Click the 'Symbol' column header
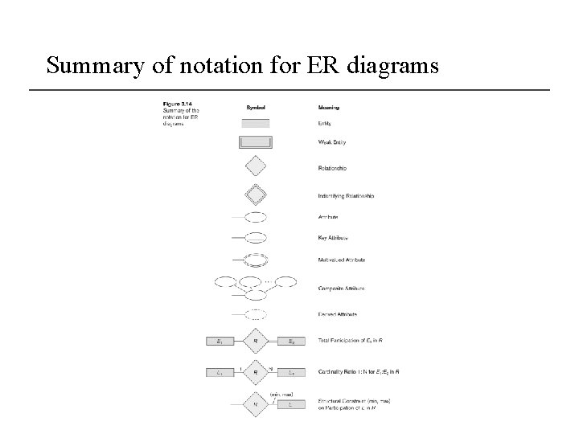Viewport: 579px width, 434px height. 256,106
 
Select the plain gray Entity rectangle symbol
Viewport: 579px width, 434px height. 256,123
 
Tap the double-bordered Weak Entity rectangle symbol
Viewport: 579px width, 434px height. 256,142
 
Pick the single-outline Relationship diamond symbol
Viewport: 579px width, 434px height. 256,167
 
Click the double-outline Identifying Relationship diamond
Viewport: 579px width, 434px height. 256,194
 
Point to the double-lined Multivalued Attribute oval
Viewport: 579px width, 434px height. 256,260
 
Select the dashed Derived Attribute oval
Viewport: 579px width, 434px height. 256,314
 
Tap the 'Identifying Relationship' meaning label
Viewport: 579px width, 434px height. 347,195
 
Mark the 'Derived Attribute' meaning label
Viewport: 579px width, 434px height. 338,314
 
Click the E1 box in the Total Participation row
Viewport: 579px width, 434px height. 220,342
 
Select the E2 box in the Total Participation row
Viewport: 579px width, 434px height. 290,342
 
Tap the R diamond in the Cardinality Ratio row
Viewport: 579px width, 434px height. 255,373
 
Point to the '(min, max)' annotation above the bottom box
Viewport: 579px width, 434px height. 281,394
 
